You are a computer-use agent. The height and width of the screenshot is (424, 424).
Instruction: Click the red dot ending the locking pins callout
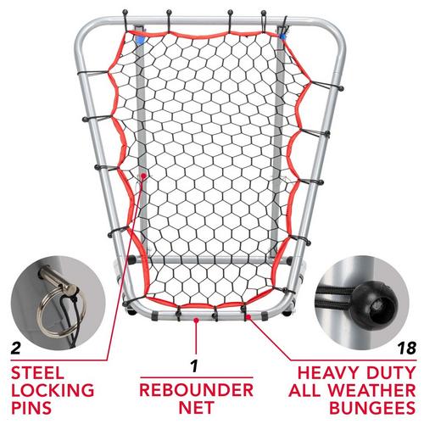(x=146, y=176)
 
